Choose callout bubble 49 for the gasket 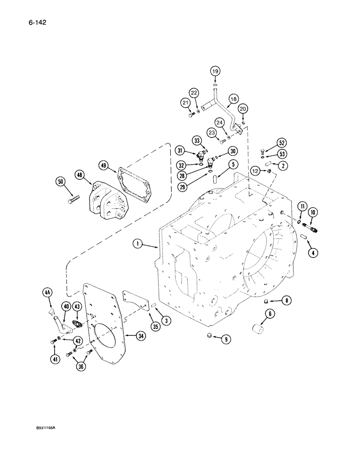pos(103,165)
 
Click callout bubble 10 pos(313,213)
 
